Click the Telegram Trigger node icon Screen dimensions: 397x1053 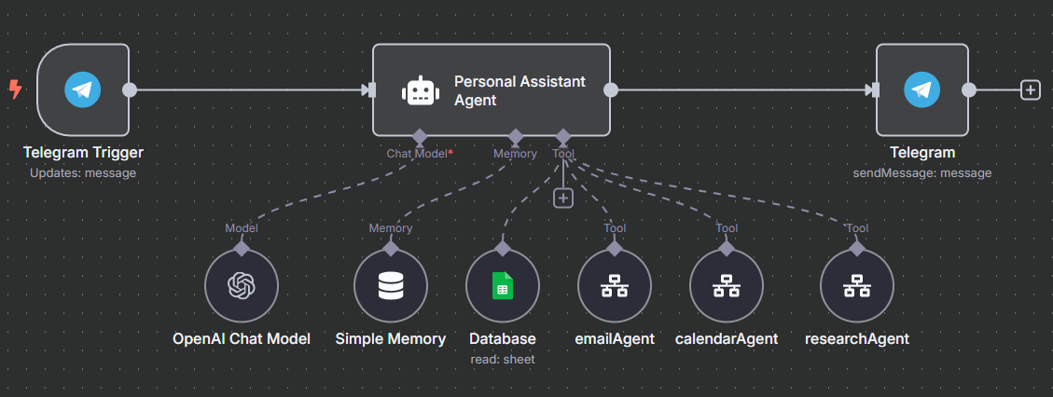[x=82, y=90]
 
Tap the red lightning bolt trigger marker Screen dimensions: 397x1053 [x=15, y=89]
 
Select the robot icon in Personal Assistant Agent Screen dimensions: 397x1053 [x=420, y=90]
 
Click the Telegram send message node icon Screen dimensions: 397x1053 [x=921, y=90]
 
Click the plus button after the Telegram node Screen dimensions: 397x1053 [x=1030, y=89]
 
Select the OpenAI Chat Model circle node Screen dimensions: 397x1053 [x=242, y=286]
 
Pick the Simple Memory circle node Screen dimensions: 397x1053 [x=391, y=286]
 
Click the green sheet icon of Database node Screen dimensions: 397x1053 [x=503, y=286]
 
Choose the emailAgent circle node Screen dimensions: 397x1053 [x=614, y=286]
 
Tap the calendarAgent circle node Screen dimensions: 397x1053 [x=726, y=286]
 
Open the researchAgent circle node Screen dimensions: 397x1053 [x=856, y=286]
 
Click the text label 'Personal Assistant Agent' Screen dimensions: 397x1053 [x=520, y=90]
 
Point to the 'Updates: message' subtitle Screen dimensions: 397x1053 [x=83, y=172]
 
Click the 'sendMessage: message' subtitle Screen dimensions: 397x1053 [x=921, y=172]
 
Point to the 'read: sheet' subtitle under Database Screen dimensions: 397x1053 [x=503, y=359]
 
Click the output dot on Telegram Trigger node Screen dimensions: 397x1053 [x=130, y=90]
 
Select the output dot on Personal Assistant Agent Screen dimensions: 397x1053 [x=611, y=90]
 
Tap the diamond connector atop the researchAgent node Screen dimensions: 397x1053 [x=856, y=249]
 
